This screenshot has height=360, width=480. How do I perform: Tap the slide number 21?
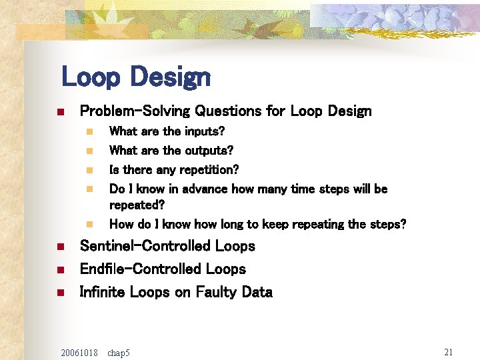[448, 351]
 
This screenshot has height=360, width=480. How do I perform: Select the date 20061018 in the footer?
[79, 352]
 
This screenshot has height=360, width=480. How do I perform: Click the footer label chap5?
[119, 352]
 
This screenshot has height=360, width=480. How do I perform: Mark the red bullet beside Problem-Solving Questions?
[59, 111]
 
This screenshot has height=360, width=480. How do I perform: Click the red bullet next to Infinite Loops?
[59, 293]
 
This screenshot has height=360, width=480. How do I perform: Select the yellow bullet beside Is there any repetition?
[89, 171]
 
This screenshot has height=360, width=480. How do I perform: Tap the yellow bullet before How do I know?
[89, 225]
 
